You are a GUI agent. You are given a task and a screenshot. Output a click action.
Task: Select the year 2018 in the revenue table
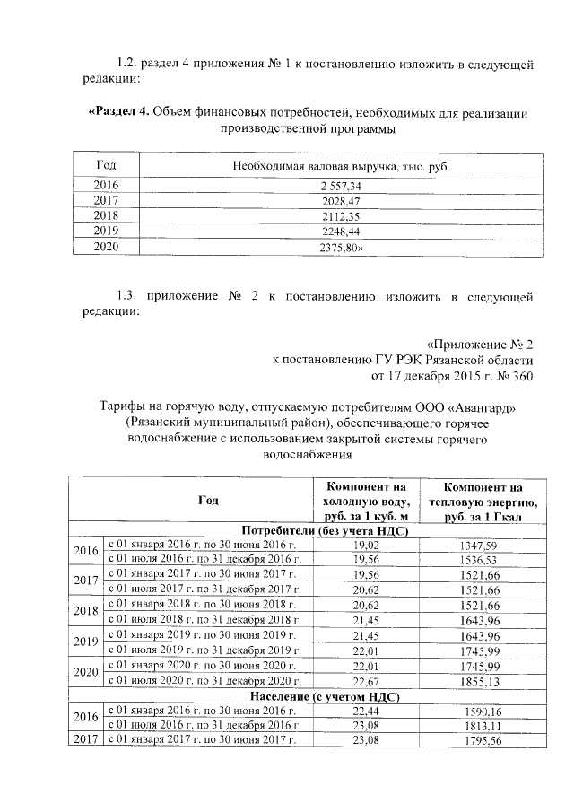pos(106,216)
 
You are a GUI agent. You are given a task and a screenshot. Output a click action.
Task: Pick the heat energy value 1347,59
pos(483,544)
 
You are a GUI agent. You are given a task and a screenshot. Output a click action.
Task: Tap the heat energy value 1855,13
pos(483,681)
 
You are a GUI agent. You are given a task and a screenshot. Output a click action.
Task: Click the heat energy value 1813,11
pos(483,724)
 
